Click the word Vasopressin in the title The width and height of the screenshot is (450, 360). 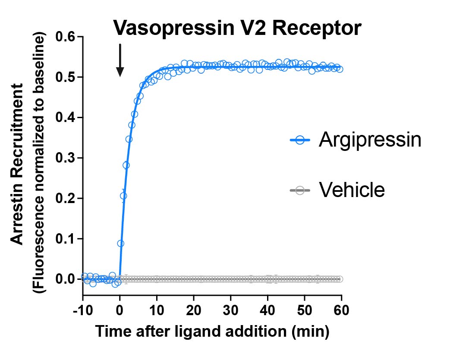[x=173, y=28]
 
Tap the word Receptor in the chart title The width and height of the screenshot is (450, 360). [x=316, y=28]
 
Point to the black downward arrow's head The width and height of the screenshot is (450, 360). [x=120, y=72]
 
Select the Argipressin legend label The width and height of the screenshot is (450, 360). [x=370, y=140]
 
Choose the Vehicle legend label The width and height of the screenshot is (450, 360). [x=352, y=190]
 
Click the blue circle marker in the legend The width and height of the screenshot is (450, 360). [x=300, y=140]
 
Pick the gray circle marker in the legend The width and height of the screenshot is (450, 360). [x=300, y=191]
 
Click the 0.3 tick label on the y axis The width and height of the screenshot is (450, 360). [x=65, y=158]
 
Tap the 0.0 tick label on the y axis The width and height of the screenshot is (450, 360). [x=65, y=279]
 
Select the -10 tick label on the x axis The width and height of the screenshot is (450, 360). [x=83, y=310]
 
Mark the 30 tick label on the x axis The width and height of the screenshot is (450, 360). [x=231, y=310]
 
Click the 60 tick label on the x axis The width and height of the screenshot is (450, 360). [x=342, y=310]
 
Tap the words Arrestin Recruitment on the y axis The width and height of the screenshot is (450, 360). [x=17, y=164]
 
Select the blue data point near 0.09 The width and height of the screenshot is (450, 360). [x=120, y=244]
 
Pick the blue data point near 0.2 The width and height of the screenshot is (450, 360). [x=123, y=196]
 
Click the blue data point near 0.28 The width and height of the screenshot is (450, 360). [x=126, y=165]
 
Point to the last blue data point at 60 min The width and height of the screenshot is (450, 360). [x=340, y=69]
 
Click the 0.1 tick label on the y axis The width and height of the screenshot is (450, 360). [x=65, y=239]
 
